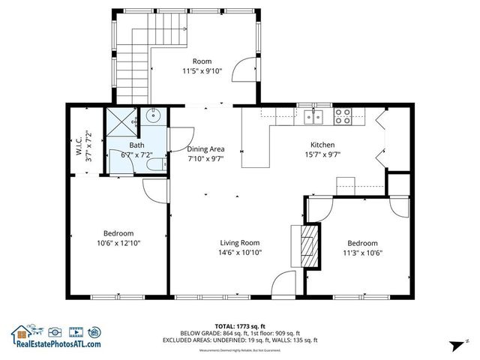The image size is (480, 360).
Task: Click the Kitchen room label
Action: (x=322, y=145)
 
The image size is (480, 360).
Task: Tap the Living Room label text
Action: (x=239, y=242)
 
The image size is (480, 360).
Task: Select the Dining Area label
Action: (x=205, y=149)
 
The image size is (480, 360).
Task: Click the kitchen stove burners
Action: (x=343, y=115)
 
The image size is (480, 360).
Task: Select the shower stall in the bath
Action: (x=122, y=120)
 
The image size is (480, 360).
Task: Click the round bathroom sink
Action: (x=153, y=116)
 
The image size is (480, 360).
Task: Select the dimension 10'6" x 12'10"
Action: (x=118, y=243)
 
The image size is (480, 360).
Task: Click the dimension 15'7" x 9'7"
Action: (x=322, y=155)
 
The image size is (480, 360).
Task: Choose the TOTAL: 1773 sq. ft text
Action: (x=239, y=325)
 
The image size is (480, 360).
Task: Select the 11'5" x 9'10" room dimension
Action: (x=202, y=71)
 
